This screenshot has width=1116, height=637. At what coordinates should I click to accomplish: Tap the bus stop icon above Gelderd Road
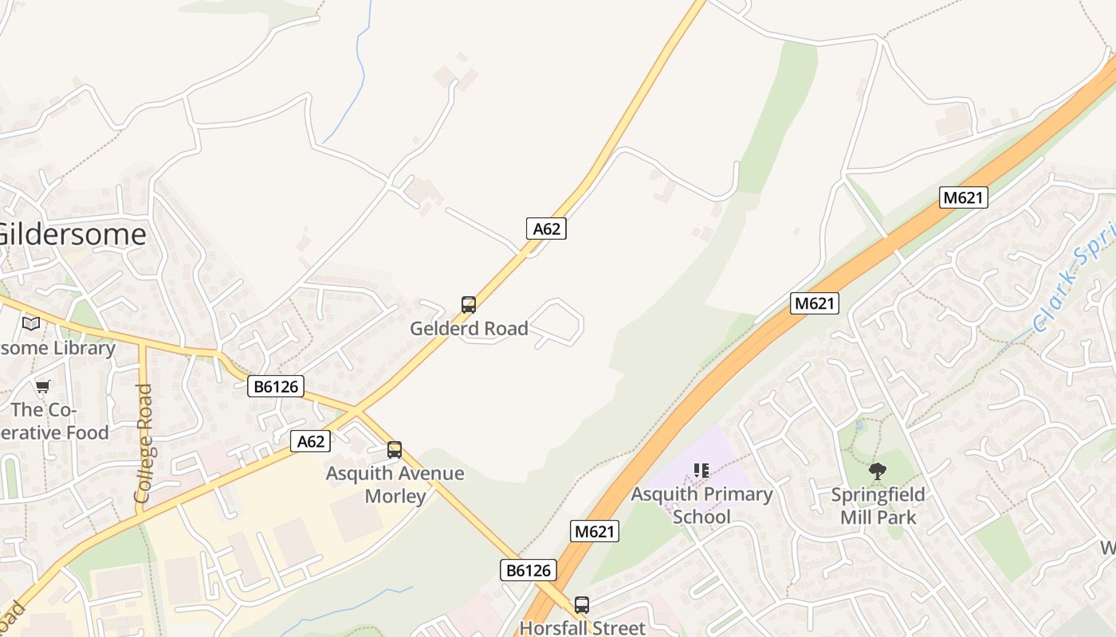pos(469,304)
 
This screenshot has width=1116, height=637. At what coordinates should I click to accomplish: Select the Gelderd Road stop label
pos(469,328)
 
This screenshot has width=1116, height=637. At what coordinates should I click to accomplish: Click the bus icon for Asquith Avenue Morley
pos(395,450)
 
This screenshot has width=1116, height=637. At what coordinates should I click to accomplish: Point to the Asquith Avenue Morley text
pos(395,484)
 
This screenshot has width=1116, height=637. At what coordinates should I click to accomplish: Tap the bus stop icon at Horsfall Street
pos(582,605)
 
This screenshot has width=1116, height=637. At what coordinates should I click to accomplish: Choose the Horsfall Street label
pos(582,627)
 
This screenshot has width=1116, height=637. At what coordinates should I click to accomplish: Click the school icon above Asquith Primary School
pos(701,471)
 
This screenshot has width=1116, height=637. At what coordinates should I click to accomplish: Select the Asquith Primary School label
pos(701,505)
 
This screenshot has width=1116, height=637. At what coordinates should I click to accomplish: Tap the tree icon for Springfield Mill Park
pos(878,471)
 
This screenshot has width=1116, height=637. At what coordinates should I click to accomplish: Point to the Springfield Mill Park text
pos(878,506)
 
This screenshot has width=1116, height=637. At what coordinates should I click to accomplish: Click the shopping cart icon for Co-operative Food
pos(42,387)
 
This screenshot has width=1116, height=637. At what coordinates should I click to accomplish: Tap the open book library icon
pos(31,323)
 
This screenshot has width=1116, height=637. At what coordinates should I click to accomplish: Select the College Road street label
pos(143,443)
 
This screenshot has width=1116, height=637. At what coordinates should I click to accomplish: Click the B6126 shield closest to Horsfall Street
pos(528,570)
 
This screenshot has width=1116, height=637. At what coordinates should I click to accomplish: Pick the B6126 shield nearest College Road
pos(277,387)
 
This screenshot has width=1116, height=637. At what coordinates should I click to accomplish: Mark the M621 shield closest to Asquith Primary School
pos(595,531)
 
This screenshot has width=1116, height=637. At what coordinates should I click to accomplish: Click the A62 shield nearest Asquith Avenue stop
pos(310,441)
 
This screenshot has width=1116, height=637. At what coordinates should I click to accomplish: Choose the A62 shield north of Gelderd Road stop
pos(546,229)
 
